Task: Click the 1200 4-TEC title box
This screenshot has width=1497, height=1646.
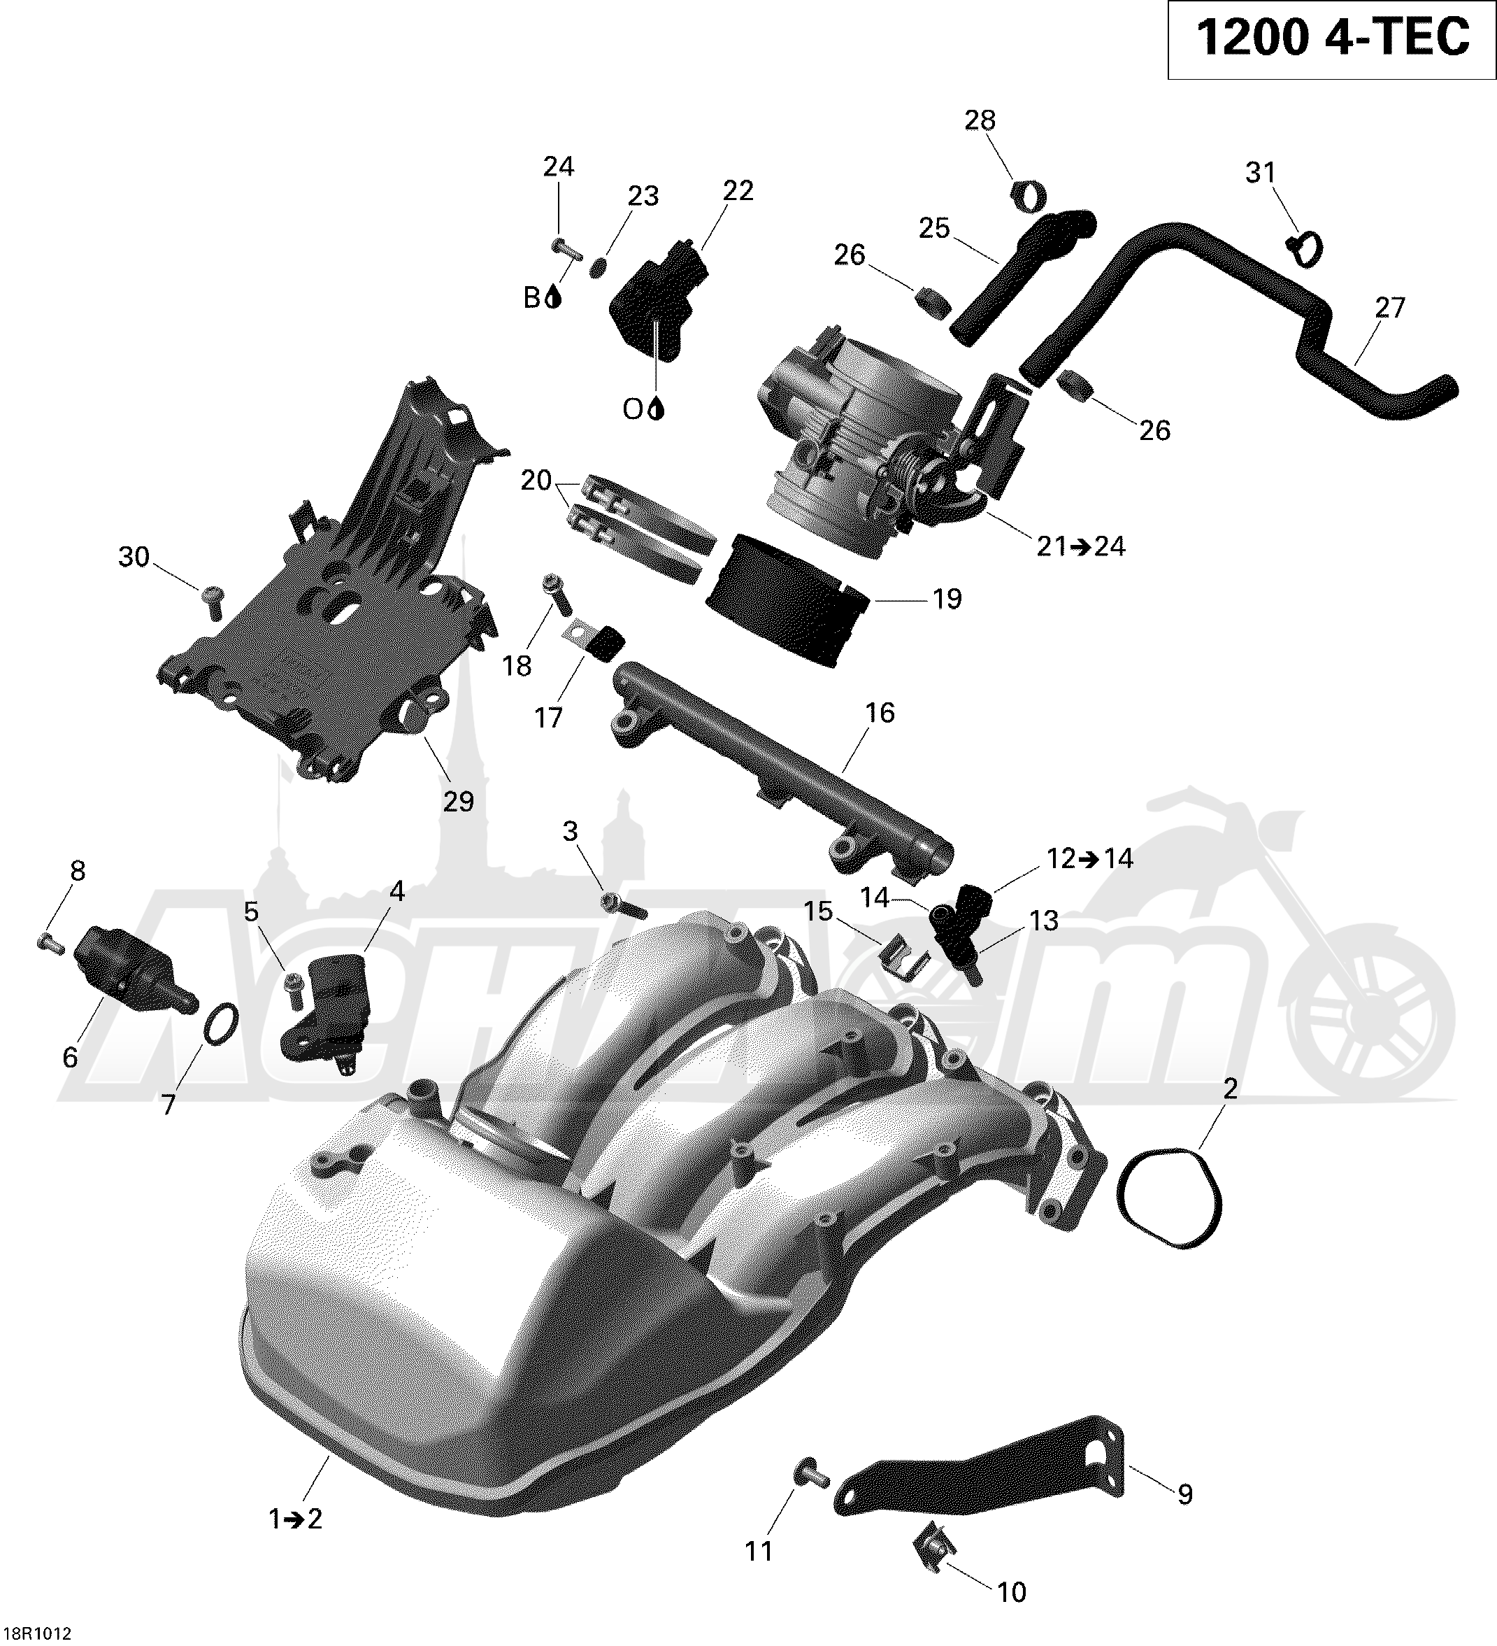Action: tap(1331, 40)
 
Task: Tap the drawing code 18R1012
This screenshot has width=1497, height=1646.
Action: tap(38, 1632)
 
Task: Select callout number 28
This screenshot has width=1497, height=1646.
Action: tap(980, 121)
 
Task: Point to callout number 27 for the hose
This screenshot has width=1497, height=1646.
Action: tap(1390, 308)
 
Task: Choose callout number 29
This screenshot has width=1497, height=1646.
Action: tap(458, 802)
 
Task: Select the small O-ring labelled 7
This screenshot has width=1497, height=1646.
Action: tap(220, 1024)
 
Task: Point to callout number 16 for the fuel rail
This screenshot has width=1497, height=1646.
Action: tap(880, 713)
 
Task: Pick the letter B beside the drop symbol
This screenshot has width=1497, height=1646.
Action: tap(532, 299)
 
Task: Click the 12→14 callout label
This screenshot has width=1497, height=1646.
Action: tap(1089, 858)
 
